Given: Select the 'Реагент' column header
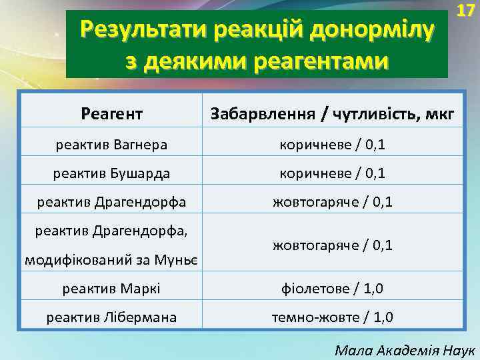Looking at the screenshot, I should tap(111, 114).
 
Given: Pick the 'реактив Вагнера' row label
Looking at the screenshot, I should tap(111, 144).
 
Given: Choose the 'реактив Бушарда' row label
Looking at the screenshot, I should tap(111, 173).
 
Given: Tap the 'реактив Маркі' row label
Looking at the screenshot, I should tap(111, 289).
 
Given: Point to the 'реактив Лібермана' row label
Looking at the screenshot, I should tap(111, 317).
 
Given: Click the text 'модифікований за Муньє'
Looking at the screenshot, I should tap(111, 259).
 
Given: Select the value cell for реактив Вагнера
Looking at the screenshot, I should tap(332, 144).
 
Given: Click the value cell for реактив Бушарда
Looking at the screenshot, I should tap(332, 173).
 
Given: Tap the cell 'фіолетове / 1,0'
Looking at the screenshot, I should tap(332, 289).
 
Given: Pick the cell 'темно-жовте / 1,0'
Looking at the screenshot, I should tap(332, 317).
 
